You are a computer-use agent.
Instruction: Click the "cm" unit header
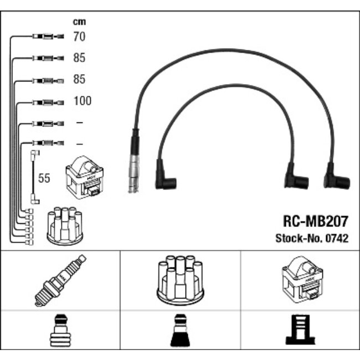pyautogui.click(x=79, y=22)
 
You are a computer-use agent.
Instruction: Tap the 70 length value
pyautogui.click(x=79, y=37)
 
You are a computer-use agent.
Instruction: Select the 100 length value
pyautogui.click(x=82, y=101)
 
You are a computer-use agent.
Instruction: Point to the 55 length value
pyautogui.click(x=43, y=178)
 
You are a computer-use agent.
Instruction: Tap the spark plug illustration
pyautogui.click(x=60, y=280)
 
